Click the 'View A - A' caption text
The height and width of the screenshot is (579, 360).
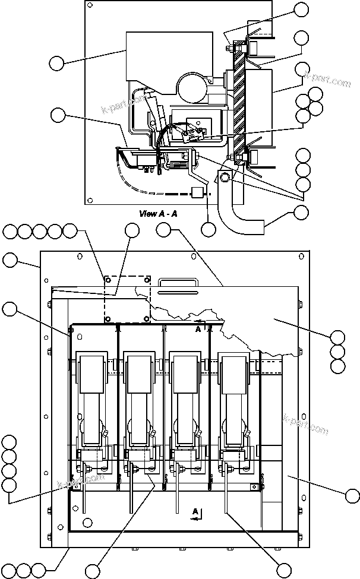[157, 213]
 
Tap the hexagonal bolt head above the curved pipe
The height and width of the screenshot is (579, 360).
[224, 178]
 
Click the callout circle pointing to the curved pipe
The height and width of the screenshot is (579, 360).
[301, 213]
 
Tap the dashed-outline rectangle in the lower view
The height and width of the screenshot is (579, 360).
[127, 298]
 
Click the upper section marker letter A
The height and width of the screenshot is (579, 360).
[198, 328]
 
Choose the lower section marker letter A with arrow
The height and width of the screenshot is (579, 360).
[194, 512]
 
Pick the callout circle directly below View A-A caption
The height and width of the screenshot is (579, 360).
[208, 229]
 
